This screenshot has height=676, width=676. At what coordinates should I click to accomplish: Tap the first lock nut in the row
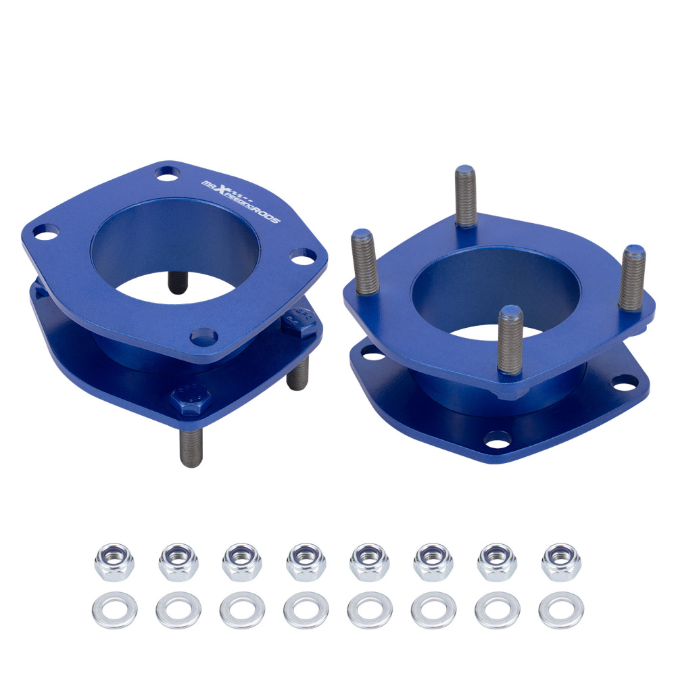(x=114, y=561)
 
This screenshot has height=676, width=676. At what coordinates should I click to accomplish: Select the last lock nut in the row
(x=561, y=561)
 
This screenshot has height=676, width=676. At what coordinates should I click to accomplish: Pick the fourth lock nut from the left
(x=306, y=561)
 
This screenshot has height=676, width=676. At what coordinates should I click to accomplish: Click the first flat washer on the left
(x=114, y=610)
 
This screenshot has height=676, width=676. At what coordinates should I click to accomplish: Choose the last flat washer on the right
(x=561, y=610)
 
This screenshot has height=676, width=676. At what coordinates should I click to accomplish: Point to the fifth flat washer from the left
(x=370, y=610)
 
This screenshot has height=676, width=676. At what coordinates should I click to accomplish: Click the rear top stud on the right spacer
(x=466, y=196)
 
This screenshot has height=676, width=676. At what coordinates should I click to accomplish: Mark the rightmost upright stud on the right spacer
(x=632, y=277)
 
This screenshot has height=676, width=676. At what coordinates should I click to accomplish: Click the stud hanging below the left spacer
(x=191, y=446)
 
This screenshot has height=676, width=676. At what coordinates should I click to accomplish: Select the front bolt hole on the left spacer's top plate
(x=203, y=336)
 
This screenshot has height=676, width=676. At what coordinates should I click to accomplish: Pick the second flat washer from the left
(x=178, y=610)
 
